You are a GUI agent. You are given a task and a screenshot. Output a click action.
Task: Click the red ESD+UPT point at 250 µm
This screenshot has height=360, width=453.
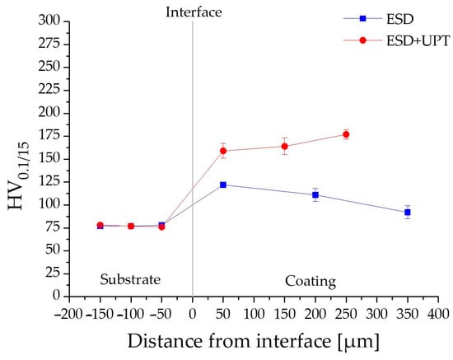click(x=346, y=134)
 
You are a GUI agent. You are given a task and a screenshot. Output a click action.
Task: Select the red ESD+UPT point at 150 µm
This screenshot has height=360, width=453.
click(x=285, y=146)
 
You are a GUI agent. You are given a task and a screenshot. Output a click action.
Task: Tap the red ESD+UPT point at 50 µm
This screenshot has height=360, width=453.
click(x=223, y=151)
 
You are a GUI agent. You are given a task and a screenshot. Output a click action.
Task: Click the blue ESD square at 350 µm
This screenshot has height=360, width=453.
click(x=408, y=213)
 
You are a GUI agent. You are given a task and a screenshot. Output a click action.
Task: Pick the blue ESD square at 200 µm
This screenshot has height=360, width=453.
click(x=315, y=195)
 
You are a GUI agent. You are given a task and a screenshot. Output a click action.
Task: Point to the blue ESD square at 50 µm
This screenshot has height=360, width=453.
click(x=223, y=185)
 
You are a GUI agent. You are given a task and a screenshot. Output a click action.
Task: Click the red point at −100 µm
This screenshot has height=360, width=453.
click(x=131, y=226)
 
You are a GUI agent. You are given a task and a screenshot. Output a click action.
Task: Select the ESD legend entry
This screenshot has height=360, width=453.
click(x=379, y=19)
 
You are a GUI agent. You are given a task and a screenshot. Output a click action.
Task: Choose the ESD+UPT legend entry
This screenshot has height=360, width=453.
click(x=397, y=40)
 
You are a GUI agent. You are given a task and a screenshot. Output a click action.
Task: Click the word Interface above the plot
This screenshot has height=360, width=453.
click(x=194, y=12)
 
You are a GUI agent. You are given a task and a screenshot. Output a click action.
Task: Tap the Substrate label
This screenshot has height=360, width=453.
click(x=130, y=279)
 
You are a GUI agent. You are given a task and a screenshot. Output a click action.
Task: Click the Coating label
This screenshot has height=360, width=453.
click(x=311, y=281)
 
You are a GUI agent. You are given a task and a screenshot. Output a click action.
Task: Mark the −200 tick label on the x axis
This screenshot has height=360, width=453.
click(x=68, y=314)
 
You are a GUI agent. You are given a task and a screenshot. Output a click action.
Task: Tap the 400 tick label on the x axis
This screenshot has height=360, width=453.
click(x=438, y=314)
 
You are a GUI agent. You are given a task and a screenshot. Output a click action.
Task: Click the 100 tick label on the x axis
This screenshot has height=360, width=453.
click(x=254, y=314)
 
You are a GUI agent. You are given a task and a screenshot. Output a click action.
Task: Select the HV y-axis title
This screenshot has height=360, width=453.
click(x=19, y=176)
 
